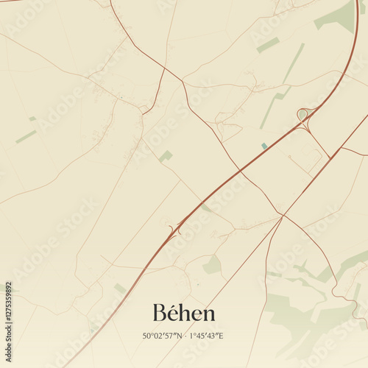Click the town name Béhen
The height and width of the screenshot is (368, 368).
[184, 313]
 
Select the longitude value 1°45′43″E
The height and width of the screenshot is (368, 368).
[207, 336]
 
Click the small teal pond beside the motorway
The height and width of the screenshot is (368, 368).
[264, 146]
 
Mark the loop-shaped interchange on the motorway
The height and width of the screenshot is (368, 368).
[302, 114]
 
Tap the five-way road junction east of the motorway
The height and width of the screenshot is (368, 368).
[282, 215]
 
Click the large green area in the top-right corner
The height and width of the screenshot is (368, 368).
[339, 16]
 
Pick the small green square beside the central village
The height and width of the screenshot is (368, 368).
[166, 156]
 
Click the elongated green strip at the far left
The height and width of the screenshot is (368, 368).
[26, 137]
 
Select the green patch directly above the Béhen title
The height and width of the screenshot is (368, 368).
[212, 264]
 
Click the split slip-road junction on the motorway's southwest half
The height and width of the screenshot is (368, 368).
[175, 229]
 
